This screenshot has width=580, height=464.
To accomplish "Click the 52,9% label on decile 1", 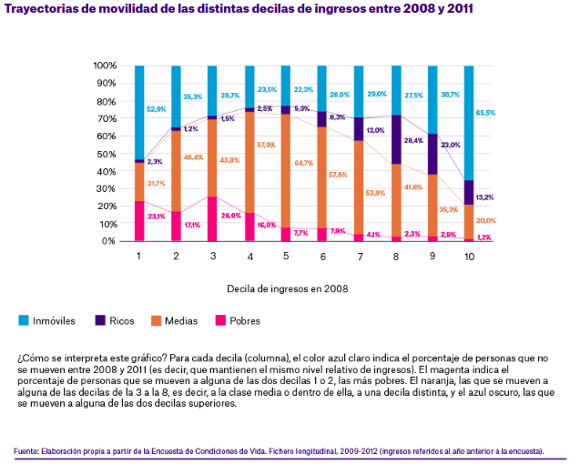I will point(157,109).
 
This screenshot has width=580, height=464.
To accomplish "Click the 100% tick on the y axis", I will point(105,66).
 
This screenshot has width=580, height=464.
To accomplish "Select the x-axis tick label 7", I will point(360,257).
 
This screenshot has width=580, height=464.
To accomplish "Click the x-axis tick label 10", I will point(469,257).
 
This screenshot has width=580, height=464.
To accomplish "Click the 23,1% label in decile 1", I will point(157,217).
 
